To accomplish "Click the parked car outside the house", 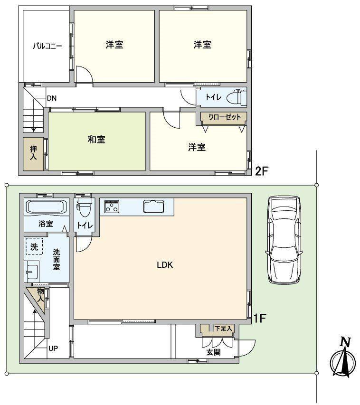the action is [284, 240].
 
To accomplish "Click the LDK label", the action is [165, 265].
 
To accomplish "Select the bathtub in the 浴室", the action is [47, 207].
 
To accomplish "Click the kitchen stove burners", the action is [112, 207].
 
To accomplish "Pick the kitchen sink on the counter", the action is [154, 207].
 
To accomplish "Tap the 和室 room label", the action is [96, 140].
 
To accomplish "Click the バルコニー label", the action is [47, 46].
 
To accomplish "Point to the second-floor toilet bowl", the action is [237, 97].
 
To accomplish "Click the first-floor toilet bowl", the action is [84, 208].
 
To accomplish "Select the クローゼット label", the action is [224, 117].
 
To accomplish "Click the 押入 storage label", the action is [33, 153].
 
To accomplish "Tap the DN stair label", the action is [52, 98].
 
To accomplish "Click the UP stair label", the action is [53, 348].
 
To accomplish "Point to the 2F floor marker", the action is [262, 171].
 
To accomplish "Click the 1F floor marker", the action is [259, 319].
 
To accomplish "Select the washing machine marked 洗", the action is [34, 246].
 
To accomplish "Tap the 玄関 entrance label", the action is [213, 352].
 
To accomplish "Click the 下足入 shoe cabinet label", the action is [224, 328].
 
